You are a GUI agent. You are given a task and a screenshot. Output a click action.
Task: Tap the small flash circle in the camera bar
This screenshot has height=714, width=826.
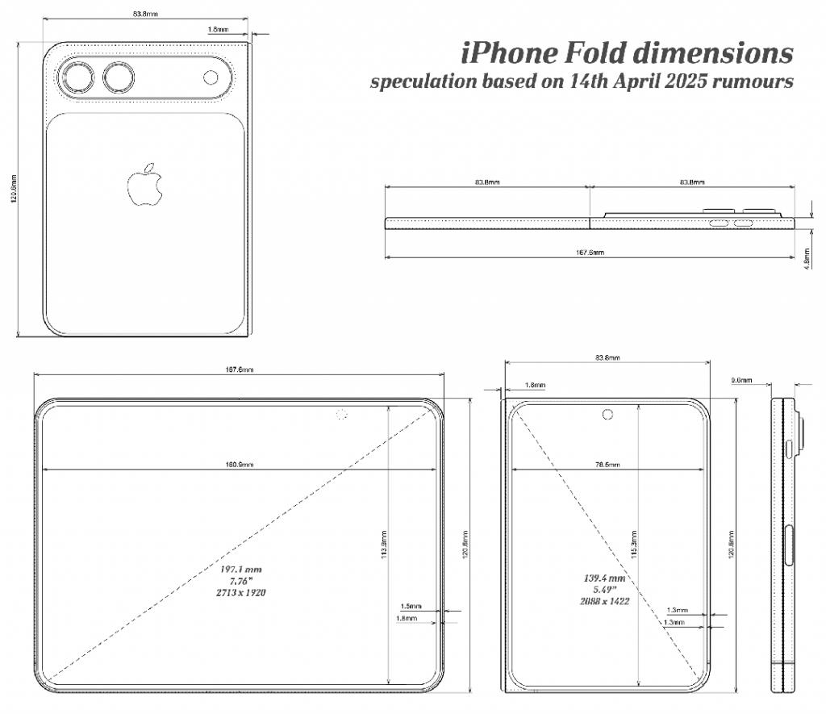[211, 77]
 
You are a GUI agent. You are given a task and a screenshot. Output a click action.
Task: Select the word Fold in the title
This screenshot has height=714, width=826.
[593, 53]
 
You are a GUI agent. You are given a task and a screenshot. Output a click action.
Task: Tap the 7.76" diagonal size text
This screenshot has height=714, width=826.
[243, 581]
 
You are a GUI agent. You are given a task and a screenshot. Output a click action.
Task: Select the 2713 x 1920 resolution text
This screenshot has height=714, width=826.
[243, 592]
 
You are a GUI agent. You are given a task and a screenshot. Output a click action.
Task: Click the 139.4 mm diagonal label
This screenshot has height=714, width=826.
[605, 578]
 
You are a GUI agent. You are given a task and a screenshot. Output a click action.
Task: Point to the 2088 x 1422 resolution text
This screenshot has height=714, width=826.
[605, 601]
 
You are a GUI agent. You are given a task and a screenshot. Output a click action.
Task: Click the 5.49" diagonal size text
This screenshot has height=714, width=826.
[605, 590]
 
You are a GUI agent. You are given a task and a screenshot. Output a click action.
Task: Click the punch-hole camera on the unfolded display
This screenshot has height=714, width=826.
[341, 415]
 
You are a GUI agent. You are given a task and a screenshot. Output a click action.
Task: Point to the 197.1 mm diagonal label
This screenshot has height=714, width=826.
[243, 570]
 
